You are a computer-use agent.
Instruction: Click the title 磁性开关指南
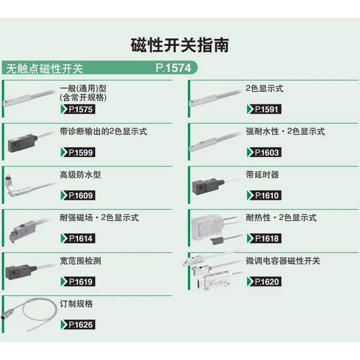[x=180, y=45]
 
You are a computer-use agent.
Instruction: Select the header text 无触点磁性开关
[x=45, y=69]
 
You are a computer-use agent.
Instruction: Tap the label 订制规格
[x=75, y=304]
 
